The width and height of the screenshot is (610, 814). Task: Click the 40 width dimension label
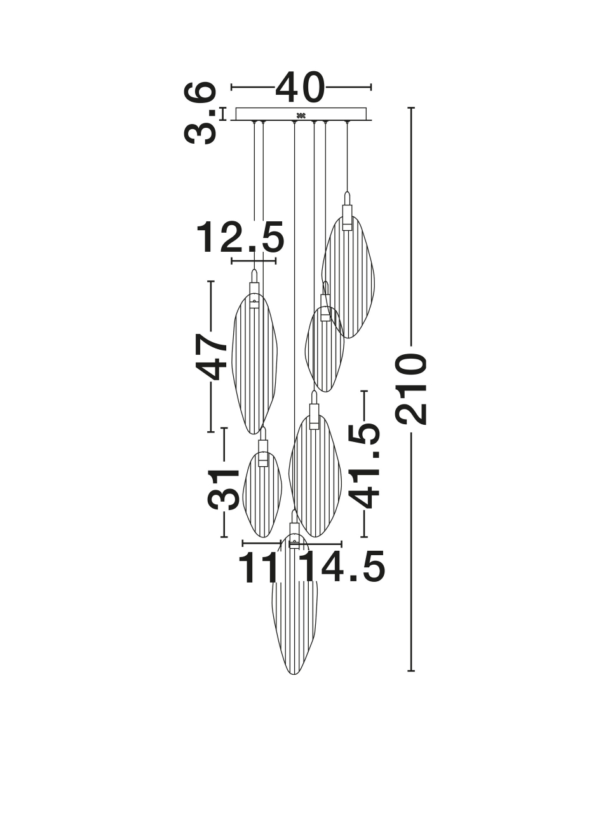(x=300, y=87)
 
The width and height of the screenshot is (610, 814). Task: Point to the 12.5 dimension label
(x=240, y=237)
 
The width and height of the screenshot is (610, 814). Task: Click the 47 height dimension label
(x=211, y=356)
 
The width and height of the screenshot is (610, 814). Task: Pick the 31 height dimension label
(x=222, y=489)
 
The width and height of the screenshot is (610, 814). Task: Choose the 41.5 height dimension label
(x=364, y=465)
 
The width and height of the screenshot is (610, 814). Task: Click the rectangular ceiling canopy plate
(x=301, y=114)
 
